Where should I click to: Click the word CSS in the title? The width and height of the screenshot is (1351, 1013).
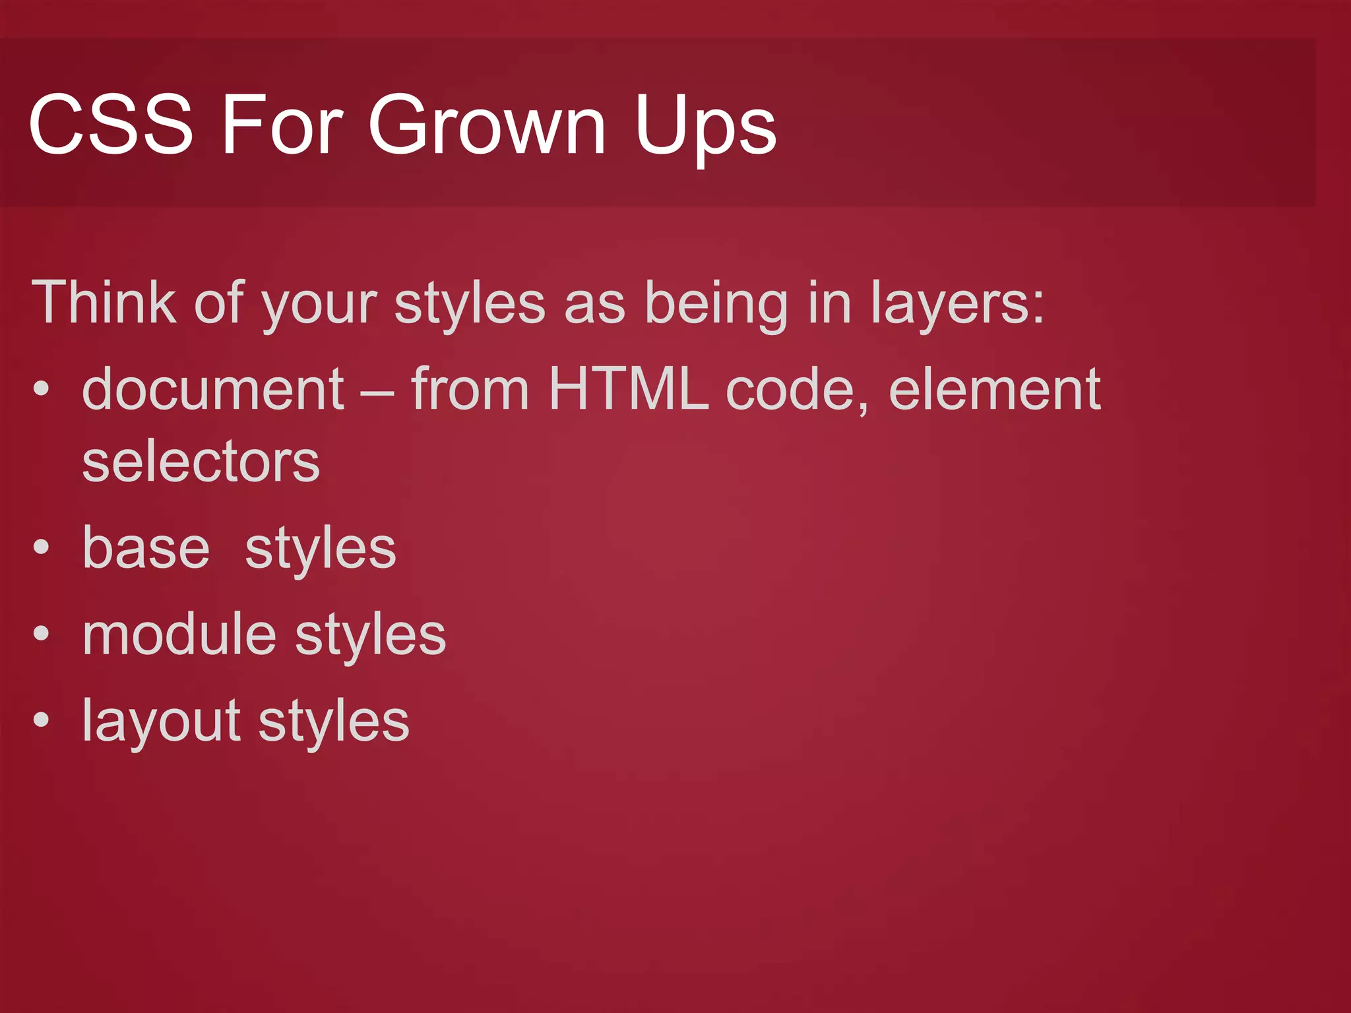(x=111, y=124)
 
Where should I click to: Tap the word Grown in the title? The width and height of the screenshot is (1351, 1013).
(x=487, y=124)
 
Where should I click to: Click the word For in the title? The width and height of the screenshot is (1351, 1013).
(x=282, y=124)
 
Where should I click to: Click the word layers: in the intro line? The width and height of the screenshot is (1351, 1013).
(x=957, y=305)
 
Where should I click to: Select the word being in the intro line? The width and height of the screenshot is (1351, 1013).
(x=716, y=305)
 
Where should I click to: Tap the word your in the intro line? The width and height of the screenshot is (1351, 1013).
(x=319, y=306)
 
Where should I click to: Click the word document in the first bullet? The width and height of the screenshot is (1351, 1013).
(x=212, y=389)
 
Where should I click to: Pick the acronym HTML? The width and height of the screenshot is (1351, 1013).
(x=629, y=389)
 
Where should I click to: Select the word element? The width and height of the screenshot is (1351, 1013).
(x=994, y=389)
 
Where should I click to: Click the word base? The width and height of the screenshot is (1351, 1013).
(x=146, y=548)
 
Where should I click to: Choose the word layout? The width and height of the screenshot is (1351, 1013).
(x=161, y=721)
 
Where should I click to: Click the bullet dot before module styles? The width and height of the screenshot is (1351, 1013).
(x=42, y=634)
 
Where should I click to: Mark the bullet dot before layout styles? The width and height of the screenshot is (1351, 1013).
(x=42, y=720)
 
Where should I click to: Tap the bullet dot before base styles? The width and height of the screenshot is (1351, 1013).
(x=42, y=547)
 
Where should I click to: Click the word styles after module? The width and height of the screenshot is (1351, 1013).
(x=370, y=636)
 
